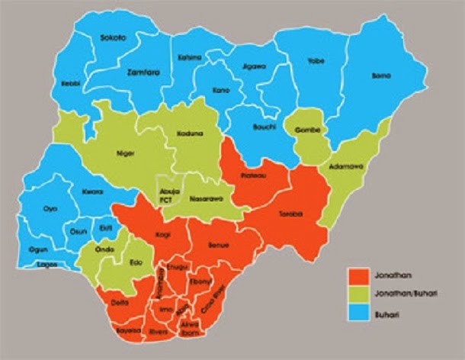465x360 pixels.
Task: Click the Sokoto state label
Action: click(113, 38)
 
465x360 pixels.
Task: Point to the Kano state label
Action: click(221, 91)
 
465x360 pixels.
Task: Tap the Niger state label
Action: click(125, 153)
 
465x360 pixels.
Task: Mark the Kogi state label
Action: click(162, 236)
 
